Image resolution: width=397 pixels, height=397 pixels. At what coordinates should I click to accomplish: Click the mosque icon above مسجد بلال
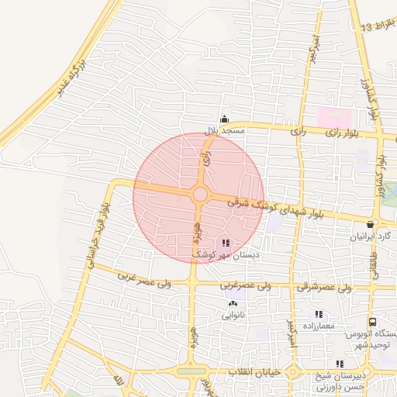[x=225, y=119]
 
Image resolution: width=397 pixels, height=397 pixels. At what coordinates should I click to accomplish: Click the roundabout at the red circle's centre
[x=200, y=194]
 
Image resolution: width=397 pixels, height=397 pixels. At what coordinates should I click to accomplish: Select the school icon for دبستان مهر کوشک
[x=226, y=243]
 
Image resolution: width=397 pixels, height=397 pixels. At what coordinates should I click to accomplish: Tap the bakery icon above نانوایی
[x=233, y=304]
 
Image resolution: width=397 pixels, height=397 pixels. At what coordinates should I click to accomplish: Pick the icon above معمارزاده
[x=318, y=315]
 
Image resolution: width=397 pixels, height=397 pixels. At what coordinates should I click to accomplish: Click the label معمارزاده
[x=318, y=326]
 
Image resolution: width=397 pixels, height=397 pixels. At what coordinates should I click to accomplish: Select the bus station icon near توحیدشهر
[x=372, y=322]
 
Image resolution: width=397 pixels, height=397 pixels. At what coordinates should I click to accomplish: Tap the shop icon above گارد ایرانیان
[x=370, y=225]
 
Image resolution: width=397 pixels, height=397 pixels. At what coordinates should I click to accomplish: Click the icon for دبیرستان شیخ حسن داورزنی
[x=340, y=364]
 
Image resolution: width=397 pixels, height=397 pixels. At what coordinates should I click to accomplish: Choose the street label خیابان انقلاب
[x=252, y=373]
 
